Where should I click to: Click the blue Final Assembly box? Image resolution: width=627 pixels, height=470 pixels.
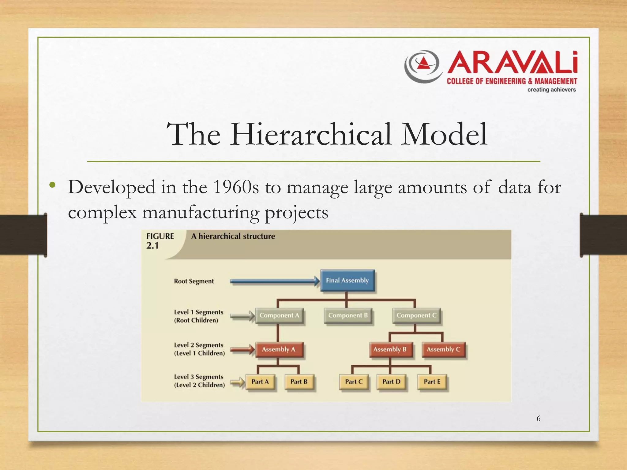(347, 280)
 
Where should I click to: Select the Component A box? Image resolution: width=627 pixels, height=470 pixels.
(279, 315)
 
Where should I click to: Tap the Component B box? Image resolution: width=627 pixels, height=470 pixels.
(348, 315)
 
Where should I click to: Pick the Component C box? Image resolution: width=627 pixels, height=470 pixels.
(416, 315)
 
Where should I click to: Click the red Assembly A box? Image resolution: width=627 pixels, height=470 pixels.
(279, 349)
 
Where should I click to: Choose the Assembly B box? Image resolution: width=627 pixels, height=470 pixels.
(390, 349)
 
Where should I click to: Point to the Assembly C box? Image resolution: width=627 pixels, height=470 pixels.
(443, 349)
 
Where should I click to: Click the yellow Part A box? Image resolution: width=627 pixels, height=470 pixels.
(260, 382)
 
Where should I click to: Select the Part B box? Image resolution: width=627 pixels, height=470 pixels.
(299, 382)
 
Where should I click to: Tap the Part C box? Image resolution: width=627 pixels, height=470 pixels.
(354, 382)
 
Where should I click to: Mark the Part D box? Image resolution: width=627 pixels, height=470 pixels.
(391, 382)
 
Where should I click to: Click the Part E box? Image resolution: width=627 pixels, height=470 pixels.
(432, 382)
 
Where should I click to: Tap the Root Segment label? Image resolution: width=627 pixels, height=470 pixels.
(194, 281)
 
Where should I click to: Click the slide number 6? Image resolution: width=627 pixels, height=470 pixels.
(539, 419)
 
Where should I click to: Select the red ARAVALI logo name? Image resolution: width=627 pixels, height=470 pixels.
(512, 63)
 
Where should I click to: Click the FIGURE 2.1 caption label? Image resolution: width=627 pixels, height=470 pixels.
(160, 241)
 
